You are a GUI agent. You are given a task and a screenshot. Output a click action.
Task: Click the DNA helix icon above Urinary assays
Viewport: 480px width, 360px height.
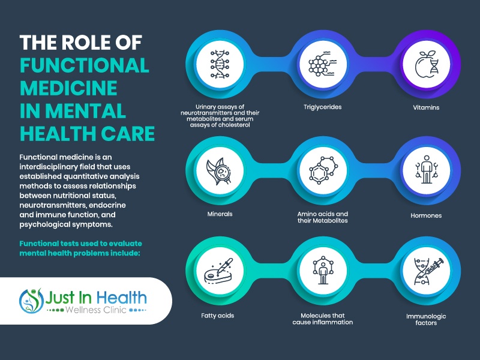(220, 64)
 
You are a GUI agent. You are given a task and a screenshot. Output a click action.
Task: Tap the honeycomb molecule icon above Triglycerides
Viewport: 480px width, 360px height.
(322, 64)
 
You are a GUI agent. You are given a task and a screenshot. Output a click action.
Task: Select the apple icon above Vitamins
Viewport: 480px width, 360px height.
(426, 64)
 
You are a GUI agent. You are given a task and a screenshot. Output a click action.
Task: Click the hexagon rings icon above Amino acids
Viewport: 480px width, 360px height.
(323, 170)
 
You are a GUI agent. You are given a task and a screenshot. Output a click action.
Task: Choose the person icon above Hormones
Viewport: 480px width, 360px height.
(426, 169)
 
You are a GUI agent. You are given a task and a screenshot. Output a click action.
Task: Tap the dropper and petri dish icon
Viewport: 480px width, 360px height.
(218, 272)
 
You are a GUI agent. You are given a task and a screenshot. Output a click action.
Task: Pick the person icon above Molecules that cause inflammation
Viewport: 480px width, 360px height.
(323, 271)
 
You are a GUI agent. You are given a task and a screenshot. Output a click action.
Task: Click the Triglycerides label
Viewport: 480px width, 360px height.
(322, 107)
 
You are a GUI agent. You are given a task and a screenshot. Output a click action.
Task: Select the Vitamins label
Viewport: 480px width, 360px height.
(426, 107)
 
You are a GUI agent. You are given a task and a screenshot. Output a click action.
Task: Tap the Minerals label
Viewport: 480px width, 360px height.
(220, 214)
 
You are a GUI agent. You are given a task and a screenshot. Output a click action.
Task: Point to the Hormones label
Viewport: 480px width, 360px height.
(426, 215)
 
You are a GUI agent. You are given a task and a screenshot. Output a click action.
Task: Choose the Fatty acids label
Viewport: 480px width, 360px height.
(218, 316)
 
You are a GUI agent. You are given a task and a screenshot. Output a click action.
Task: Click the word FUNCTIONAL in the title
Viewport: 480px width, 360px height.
(85, 65)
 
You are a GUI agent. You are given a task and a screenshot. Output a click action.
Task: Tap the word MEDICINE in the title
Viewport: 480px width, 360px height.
(68, 88)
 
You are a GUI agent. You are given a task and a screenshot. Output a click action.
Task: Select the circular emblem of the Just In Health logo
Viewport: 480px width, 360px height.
(32, 301)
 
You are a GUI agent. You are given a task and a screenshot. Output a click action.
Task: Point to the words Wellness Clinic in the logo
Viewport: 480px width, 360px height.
(96, 310)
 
